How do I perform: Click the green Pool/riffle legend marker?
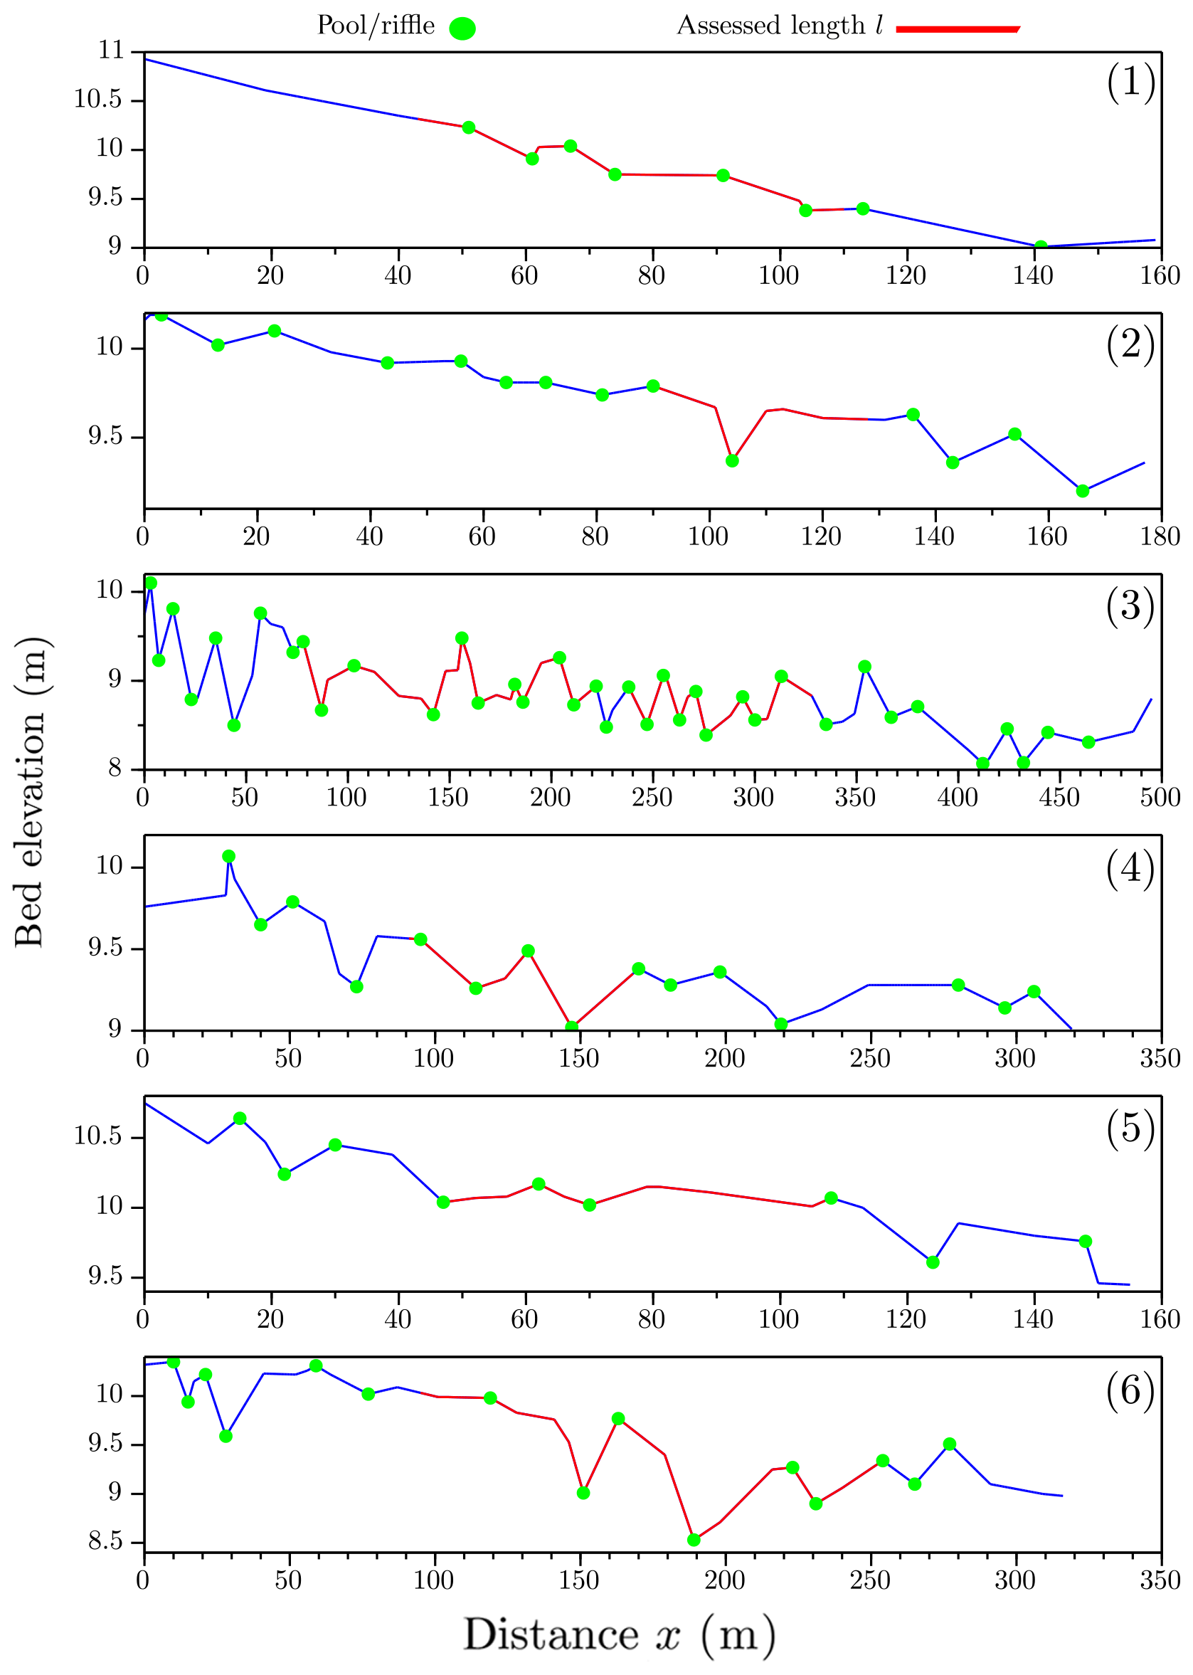pos(462,28)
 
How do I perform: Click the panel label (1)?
pos(1130,83)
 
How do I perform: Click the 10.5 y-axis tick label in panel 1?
pos(97,99)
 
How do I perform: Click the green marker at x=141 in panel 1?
pos(1040,247)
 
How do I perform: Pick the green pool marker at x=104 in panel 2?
pos(732,460)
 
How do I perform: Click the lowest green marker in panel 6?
pos(694,1540)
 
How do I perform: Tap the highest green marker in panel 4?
pos(228,856)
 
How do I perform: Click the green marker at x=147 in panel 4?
pos(571,1027)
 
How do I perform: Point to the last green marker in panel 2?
pos(1082,491)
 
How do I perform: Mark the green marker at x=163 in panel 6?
pos(617,1419)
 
